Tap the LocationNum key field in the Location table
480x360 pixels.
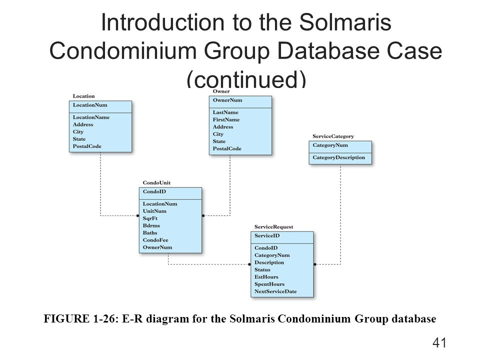point(90,105)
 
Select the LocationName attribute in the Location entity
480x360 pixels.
point(91,117)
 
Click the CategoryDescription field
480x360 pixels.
point(338,157)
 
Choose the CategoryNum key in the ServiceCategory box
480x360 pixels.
point(330,145)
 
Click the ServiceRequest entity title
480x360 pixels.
point(274,227)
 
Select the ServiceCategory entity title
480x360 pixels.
point(333,136)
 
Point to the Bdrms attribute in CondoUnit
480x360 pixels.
point(150,225)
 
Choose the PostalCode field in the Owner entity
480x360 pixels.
point(227,148)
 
